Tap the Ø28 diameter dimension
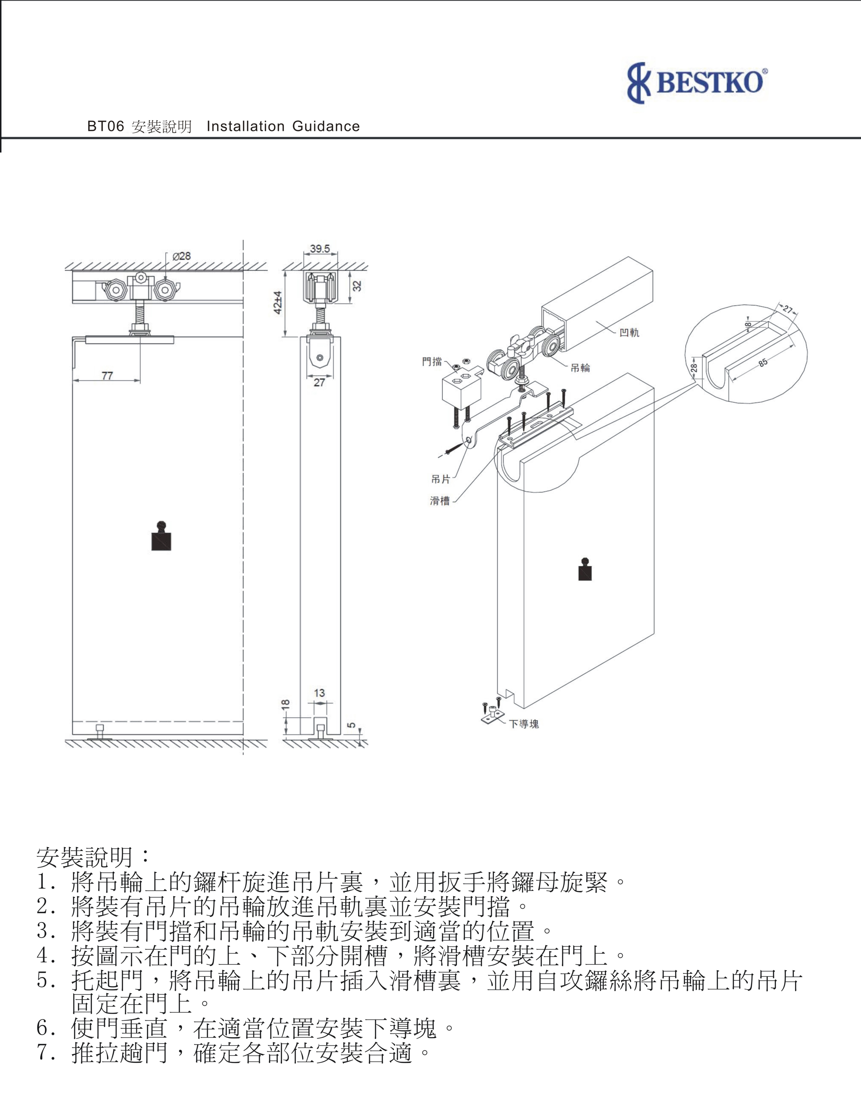coord(182,256)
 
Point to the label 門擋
coord(432,361)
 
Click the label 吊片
coord(440,479)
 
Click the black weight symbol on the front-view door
coord(161,537)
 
